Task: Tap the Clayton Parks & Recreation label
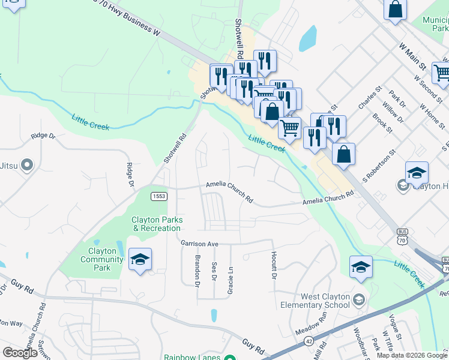(156, 224)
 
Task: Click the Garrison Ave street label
(199, 244)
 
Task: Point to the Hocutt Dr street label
(273, 265)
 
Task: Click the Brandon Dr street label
(197, 270)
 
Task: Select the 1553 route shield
(159, 196)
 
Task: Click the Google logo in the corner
(20, 353)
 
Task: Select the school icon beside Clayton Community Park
(140, 259)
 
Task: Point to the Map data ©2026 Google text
(412, 355)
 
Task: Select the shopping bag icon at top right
(396, 9)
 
